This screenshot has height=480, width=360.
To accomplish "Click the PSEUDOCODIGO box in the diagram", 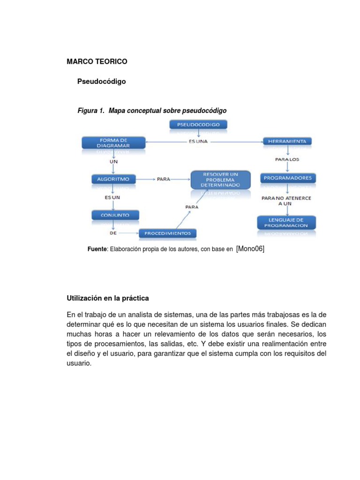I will pyautogui.click(x=198, y=125).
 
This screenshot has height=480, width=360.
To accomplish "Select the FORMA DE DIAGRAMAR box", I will pyautogui.click(x=112, y=142).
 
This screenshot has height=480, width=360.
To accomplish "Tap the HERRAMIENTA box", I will pyautogui.click(x=287, y=141).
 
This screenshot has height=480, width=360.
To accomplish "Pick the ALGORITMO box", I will pyautogui.click(x=113, y=179).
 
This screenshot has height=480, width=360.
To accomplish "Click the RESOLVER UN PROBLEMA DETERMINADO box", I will pyautogui.click(x=221, y=180).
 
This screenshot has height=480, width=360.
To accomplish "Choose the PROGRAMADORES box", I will pyautogui.click(x=288, y=178).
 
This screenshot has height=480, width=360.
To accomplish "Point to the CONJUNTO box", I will pyautogui.click(x=115, y=215).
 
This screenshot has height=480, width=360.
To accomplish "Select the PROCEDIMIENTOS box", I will pyautogui.click(x=167, y=233).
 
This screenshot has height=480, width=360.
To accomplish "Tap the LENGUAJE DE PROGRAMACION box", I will pyautogui.click(x=286, y=222).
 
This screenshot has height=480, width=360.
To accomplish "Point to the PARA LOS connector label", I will pyautogui.click(x=287, y=159).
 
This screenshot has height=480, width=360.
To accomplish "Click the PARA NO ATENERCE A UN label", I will pyautogui.click(x=286, y=201).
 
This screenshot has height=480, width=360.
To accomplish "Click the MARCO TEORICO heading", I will pyautogui.click(x=97, y=61).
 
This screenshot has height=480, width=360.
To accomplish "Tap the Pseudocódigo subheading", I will pyautogui.click(x=101, y=82).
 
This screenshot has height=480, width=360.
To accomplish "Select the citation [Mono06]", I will pyautogui.click(x=250, y=249).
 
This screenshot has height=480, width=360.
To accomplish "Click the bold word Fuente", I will pyautogui.click(x=97, y=249).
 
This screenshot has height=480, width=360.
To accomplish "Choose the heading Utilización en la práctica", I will pyautogui.click(x=108, y=298).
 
